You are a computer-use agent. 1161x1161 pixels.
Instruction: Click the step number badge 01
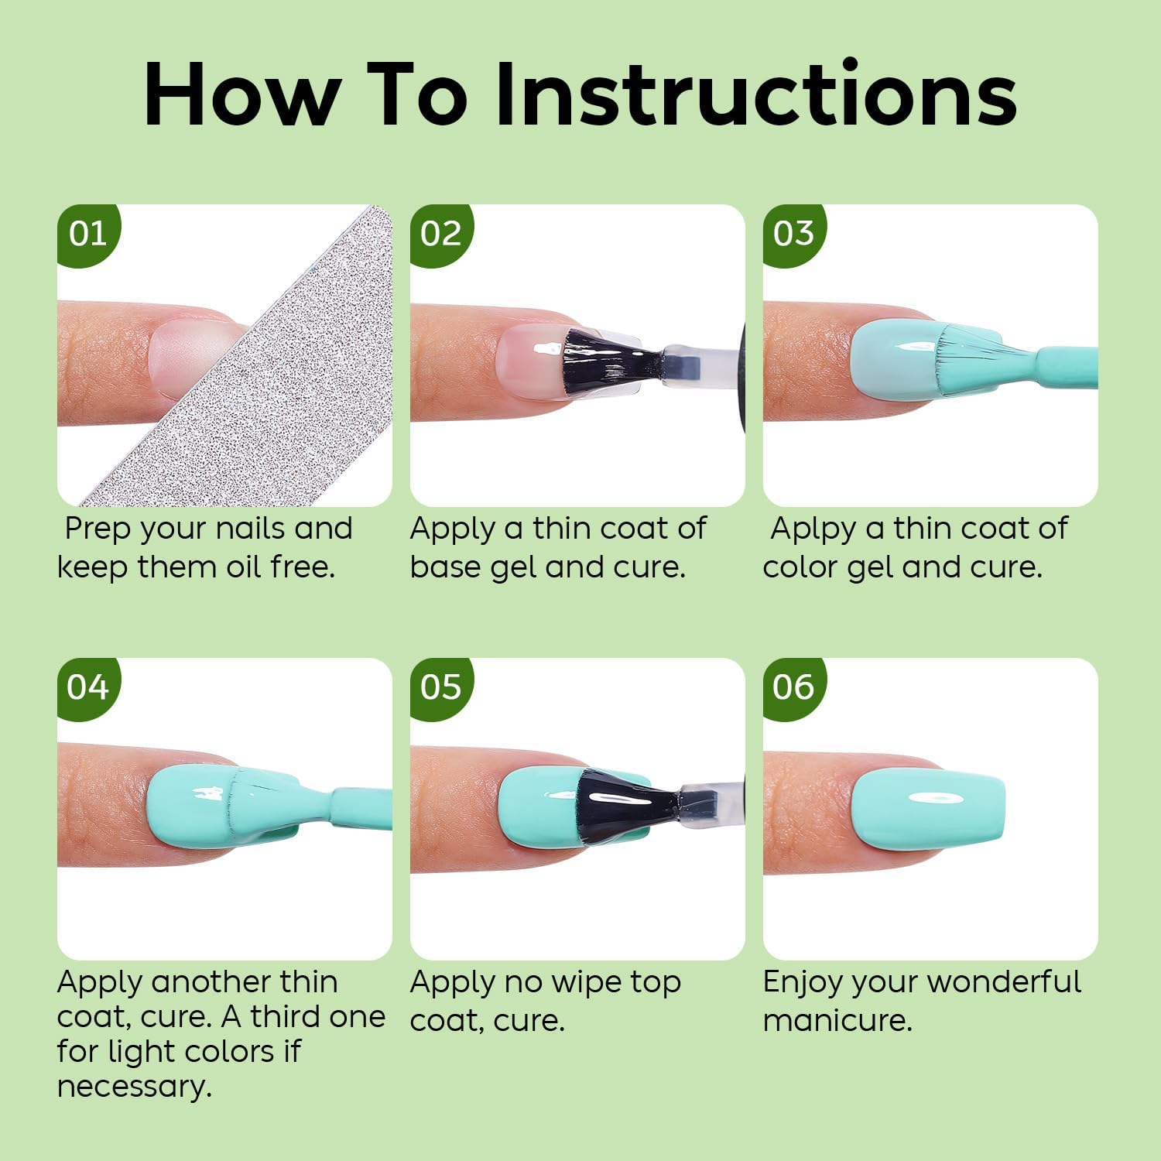[87, 234]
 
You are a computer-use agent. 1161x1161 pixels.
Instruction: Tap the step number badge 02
[440, 234]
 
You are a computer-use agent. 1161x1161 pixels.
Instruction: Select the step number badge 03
[793, 234]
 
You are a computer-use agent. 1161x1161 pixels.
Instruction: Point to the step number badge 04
[87, 687]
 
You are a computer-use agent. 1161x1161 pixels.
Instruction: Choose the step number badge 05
[440, 687]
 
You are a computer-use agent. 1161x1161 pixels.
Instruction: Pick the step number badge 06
[793, 687]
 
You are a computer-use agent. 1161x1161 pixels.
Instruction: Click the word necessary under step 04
[134, 1087]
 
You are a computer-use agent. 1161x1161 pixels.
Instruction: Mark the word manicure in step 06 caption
[837, 1020]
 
